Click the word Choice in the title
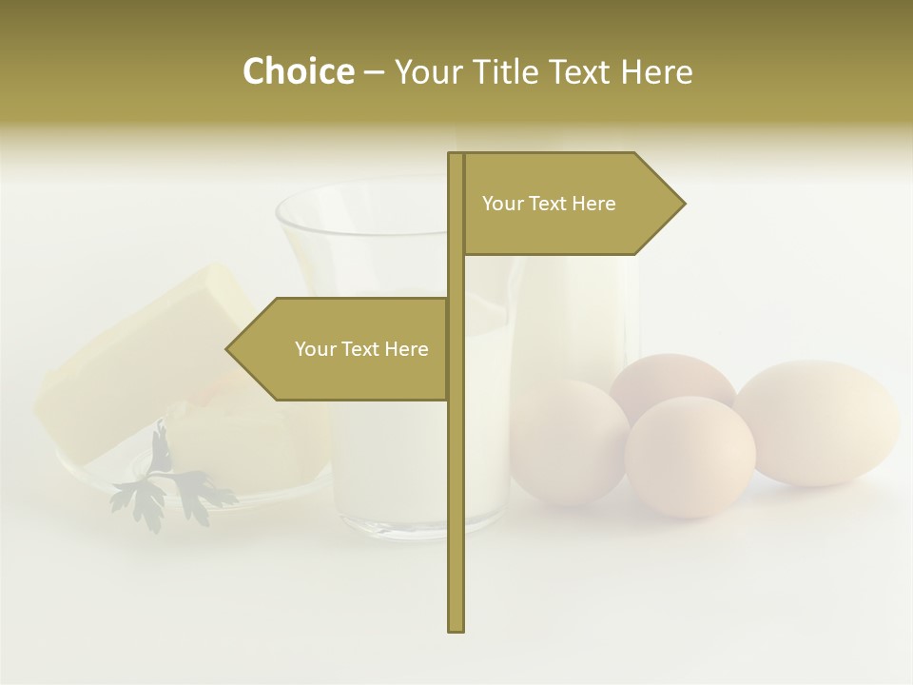pos(298,71)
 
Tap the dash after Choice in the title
pos(374,72)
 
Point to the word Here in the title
pos(657,71)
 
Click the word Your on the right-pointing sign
pos(502,204)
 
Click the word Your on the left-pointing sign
pos(315,349)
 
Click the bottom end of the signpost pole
pos(456,628)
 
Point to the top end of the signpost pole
pos(456,155)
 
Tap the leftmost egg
pos(568,440)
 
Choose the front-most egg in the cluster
pos(690,457)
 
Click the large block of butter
pos(143,362)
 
